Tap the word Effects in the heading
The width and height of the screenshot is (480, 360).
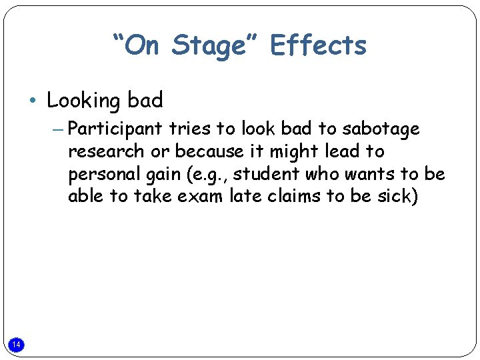pyautogui.click(x=318, y=46)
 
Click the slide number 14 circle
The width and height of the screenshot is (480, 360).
pyautogui.click(x=17, y=344)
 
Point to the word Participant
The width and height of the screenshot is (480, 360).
pyautogui.click(x=115, y=128)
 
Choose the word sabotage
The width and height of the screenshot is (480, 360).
pyautogui.click(x=381, y=128)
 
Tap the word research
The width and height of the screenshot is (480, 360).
pyautogui.click(x=105, y=151)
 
